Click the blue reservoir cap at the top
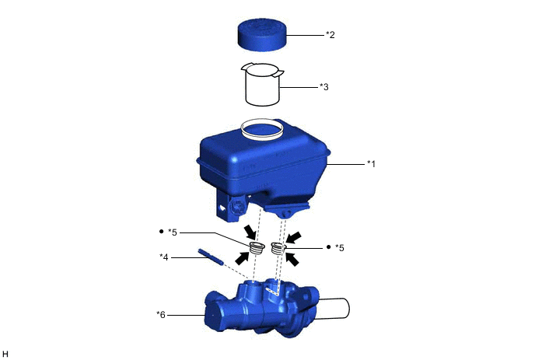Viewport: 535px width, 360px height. pos(262,35)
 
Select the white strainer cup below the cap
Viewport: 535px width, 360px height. pos(262,84)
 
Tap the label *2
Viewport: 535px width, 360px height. pos(330,34)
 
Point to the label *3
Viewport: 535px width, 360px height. pos(323,87)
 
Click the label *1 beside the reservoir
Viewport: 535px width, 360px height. pos(371,164)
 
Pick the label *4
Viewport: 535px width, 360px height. pos(164,257)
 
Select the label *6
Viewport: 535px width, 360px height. pos(161,315)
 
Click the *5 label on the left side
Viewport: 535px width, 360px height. pos(173,232)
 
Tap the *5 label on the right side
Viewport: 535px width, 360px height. pos(340,248)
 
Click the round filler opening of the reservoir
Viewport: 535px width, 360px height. pos(262,129)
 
